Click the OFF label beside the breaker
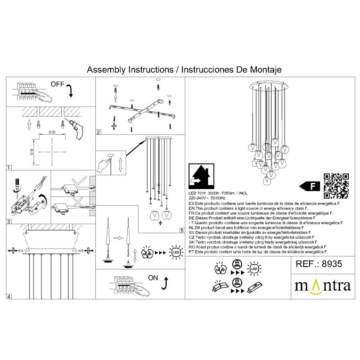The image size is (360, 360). (x=58, y=84)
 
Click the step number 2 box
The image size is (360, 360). (x=98, y=132)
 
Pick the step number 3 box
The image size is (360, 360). (x=9, y=221)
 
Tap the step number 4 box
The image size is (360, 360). (x=9, y=296)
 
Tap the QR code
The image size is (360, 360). (x=336, y=185)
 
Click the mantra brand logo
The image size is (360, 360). (x=323, y=287)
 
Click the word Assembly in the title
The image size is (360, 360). (x=105, y=70)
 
